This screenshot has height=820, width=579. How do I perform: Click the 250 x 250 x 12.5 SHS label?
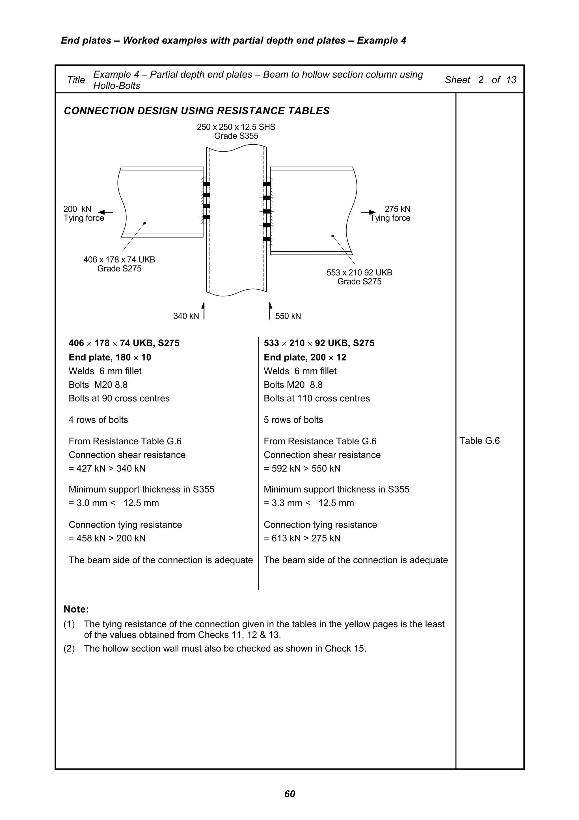pos(236,127)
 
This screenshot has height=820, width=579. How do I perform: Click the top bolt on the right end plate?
pos(267,184)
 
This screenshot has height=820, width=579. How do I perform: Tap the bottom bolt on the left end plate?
pos(206,217)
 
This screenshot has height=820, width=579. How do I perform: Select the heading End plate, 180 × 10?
pos(110,357)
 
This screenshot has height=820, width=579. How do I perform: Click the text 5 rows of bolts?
pos(293,420)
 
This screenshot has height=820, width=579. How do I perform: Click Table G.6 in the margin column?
pos(479,441)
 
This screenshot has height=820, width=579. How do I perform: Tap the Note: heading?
pos(76,609)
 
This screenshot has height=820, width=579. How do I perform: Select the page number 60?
pos(289,794)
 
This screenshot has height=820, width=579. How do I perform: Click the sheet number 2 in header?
pos(481,80)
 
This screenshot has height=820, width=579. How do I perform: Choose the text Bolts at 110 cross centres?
pos(316,398)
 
